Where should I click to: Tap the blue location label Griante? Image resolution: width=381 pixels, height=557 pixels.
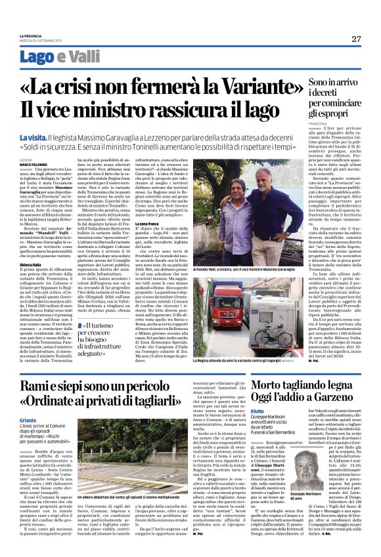[28, 419]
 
